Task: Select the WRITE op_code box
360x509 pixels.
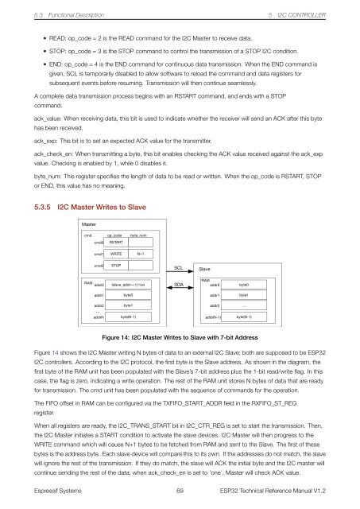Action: pos(115,254)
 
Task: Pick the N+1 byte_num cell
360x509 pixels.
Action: pos(140,254)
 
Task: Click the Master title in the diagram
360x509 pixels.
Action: pos(89,225)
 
